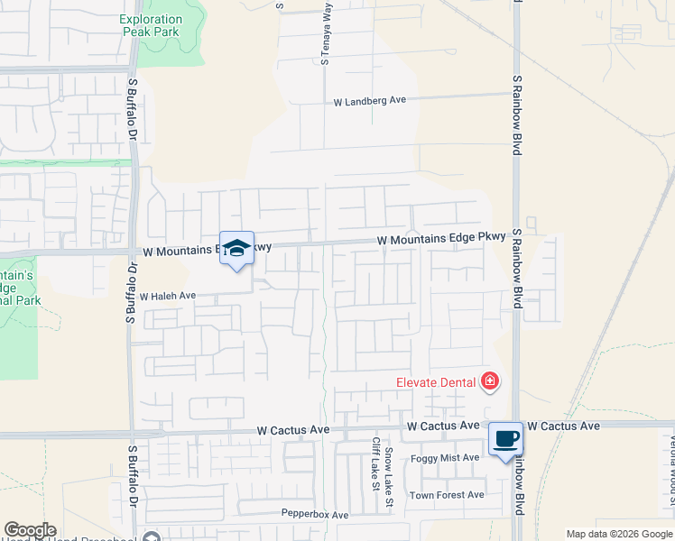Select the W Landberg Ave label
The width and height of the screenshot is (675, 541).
click(x=370, y=101)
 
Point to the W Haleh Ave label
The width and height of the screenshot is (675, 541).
click(x=167, y=296)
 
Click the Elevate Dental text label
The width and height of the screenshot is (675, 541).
click(x=436, y=381)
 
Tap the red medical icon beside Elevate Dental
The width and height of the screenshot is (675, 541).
click(x=490, y=381)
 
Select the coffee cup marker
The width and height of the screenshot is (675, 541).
click(x=505, y=439)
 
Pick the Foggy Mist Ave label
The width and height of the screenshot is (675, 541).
click(x=445, y=458)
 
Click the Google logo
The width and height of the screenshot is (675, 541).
click(x=30, y=530)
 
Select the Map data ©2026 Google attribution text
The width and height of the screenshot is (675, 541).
click(x=619, y=534)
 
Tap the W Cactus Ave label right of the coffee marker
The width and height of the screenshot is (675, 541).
click(x=564, y=426)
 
